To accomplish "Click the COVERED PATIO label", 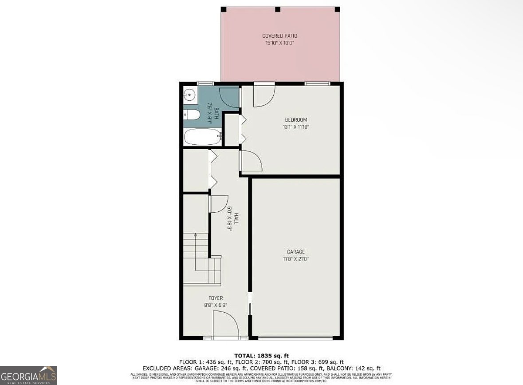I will pos(279,36).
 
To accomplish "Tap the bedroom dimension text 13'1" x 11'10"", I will pos(295,127).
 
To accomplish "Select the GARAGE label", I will pos(295,252).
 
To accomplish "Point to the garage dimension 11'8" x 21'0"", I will pos(295,258).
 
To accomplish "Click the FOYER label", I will pos(216,298).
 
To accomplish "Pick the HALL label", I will pos(236,218).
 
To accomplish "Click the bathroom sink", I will pos(190,94).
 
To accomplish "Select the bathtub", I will pos(202,137).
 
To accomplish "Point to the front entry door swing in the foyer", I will pos(225,324).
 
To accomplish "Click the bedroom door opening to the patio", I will pos(263,95).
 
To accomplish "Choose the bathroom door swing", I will pos(229,97).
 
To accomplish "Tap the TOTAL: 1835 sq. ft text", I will pos(261,355).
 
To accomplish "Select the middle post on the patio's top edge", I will pos(277,9).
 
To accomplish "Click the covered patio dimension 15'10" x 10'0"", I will pos(279,43).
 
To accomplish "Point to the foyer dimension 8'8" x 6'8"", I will pos(216,305).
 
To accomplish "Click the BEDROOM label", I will pos(295,120).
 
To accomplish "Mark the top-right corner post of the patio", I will pos(337,9).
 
